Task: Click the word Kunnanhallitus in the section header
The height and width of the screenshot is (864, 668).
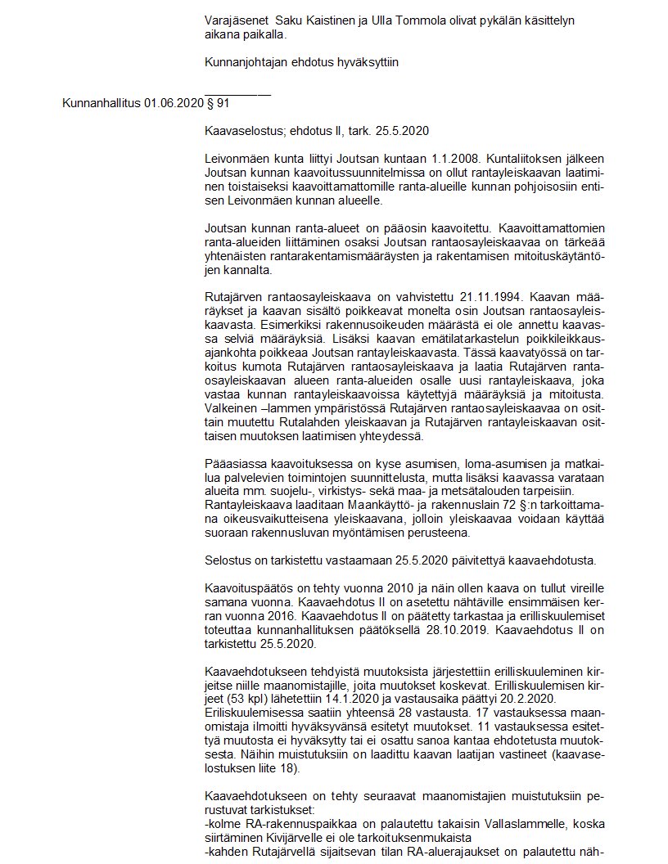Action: [102, 104]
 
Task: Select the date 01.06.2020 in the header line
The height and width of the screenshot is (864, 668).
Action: [173, 104]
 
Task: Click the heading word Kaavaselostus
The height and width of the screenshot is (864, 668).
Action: [246, 130]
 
